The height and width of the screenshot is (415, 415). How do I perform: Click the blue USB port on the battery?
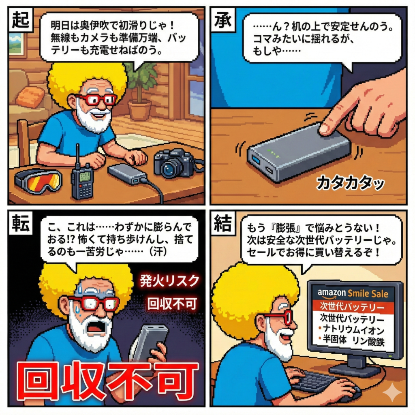pos(256,160)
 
